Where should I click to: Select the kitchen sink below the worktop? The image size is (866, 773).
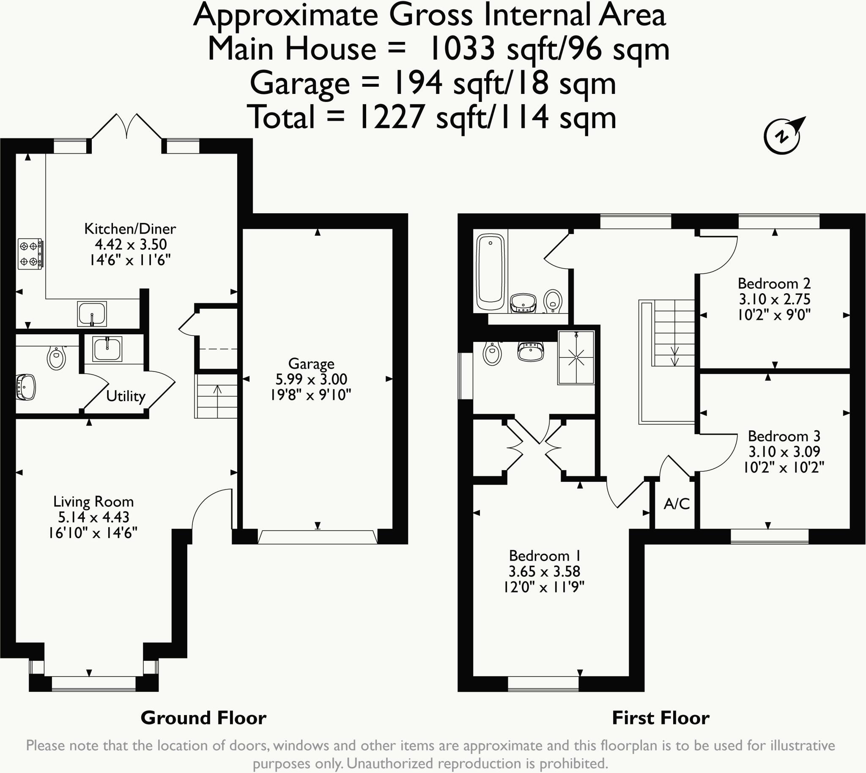[x=92, y=314]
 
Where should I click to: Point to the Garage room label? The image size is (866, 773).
[x=311, y=363]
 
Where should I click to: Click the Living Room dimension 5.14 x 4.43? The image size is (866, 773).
[x=93, y=517]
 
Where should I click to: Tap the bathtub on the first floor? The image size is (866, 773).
[x=491, y=272]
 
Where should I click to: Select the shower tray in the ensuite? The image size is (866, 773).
[x=576, y=358]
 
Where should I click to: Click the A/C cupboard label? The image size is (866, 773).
[x=677, y=504]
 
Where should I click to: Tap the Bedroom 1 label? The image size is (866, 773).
[x=545, y=556]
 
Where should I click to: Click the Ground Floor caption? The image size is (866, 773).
[x=204, y=718]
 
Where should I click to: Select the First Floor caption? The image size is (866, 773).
[x=661, y=718]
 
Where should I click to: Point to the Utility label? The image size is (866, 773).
[x=126, y=396]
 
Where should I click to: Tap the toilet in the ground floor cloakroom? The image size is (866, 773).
[x=57, y=358]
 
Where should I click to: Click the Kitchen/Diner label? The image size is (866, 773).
[x=130, y=228]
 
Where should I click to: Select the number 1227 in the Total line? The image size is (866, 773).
[x=391, y=117]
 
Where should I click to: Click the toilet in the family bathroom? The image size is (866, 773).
[x=553, y=301]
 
